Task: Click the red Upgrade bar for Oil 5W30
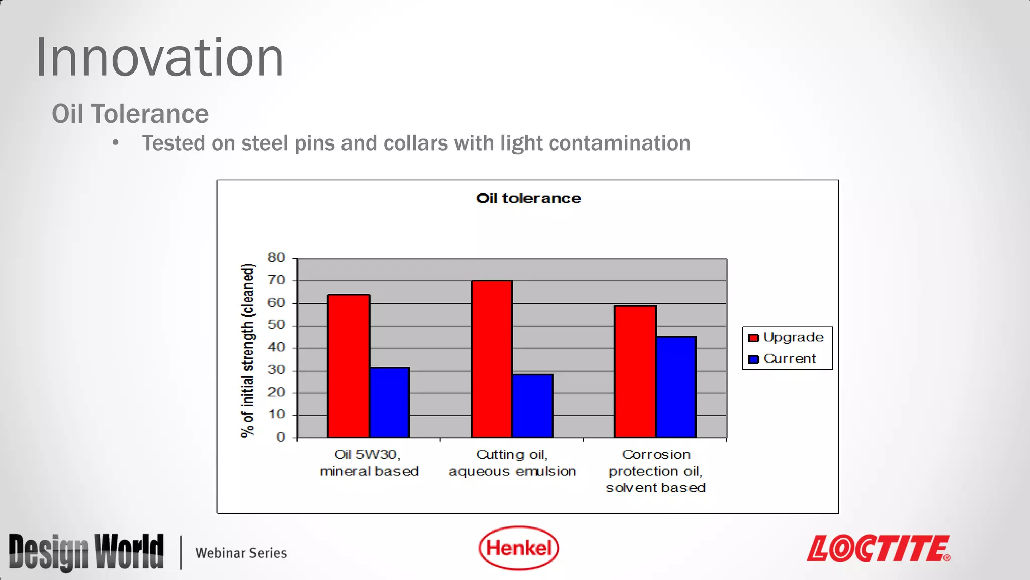tap(349, 366)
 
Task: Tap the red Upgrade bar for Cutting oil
tap(492, 358)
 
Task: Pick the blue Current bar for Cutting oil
tap(533, 405)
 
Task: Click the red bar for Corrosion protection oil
tap(635, 371)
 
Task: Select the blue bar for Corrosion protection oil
tap(676, 387)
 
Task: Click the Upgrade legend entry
tap(787, 337)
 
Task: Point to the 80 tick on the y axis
tap(276, 258)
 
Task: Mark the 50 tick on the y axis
tap(276, 325)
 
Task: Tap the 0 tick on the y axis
tap(281, 437)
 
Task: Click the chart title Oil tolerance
tap(528, 198)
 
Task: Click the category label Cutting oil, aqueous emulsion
tap(512, 463)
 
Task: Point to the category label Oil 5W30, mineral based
tap(369, 463)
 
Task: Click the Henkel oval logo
tap(519, 548)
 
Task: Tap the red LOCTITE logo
tap(878, 548)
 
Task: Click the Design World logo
tap(86, 552)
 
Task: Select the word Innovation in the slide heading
tap(159, 58)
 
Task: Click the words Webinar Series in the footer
tap(241, 553)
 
